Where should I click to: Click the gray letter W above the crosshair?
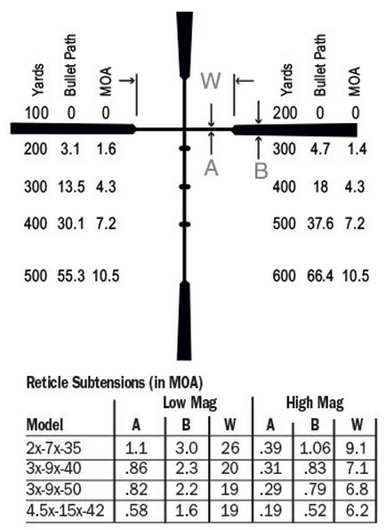coord(211,81)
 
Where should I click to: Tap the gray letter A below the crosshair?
coord(211,168)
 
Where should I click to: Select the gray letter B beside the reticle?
coord(261,171)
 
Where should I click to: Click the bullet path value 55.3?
coord(71,276)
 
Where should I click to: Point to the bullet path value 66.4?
coord(320,276)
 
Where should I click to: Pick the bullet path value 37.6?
coord(320,224)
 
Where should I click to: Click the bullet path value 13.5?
coord(71,186)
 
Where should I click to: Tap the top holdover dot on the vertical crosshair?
coord(185,149)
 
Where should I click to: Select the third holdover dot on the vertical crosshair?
coord(185,224)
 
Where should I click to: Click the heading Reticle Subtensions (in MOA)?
coord(115,383)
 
